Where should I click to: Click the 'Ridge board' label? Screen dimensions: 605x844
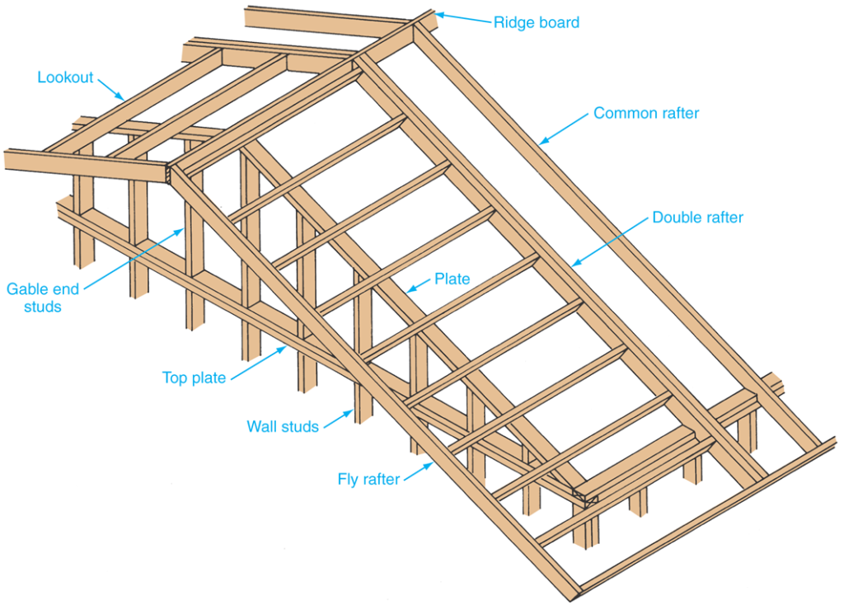(x=536, y=22)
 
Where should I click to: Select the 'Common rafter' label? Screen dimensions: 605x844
(x=646, y=113)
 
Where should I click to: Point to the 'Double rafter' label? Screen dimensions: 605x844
(x=697, y=218)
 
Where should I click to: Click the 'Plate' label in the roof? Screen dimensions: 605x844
(x=452, y=279)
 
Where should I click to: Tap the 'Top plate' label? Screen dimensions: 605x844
(x=194, y=378)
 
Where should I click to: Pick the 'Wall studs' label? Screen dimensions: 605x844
(x=283, y=427)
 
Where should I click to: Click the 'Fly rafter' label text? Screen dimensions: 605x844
(x=368, y=479)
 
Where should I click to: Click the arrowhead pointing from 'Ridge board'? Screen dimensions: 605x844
(x=438, y=14)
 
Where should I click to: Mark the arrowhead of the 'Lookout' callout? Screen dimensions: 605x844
(x=125, y=99)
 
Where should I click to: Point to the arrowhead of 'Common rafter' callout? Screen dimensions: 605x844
(x=541, y=144)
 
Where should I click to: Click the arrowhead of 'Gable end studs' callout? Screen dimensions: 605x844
(x=185, y=231)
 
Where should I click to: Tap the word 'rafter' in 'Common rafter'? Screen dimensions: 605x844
(x=676, y=113)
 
